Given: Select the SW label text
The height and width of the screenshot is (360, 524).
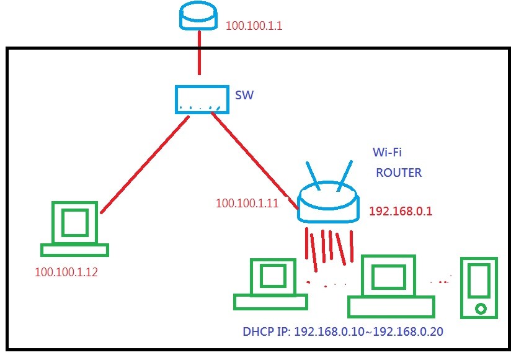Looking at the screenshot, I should tap(244, 96).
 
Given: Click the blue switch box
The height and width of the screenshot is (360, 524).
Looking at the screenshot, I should tap(200, 99).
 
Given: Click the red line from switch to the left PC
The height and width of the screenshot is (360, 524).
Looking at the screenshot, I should tap(144, 164).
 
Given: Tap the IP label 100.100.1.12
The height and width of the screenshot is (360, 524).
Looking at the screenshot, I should tap(66, 271).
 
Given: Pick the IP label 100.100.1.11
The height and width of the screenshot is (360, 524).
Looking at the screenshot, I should tap(247, 203).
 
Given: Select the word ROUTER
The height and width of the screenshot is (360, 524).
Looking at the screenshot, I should tap(399, 173).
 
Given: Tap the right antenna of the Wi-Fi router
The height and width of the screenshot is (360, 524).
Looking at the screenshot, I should tap(344, 176).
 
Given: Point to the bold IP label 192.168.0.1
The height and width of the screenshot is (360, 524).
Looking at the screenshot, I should tap(401, 212).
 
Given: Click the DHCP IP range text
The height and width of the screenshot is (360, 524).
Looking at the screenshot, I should tap(342, 331).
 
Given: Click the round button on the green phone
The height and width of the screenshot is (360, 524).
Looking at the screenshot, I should tap(479, 308).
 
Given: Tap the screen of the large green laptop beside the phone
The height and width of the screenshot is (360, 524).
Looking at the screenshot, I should tap(389, 276).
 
